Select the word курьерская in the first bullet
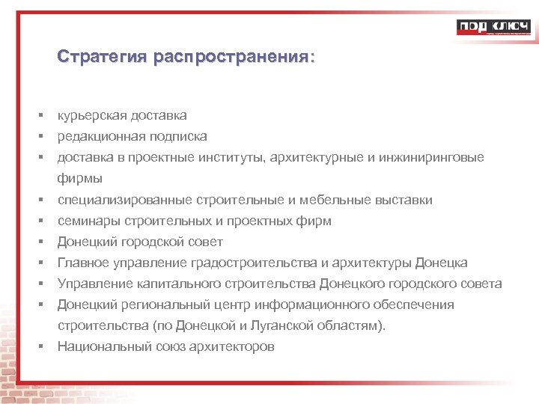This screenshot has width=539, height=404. tap(91, 116)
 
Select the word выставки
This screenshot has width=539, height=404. tap(405, 201)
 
